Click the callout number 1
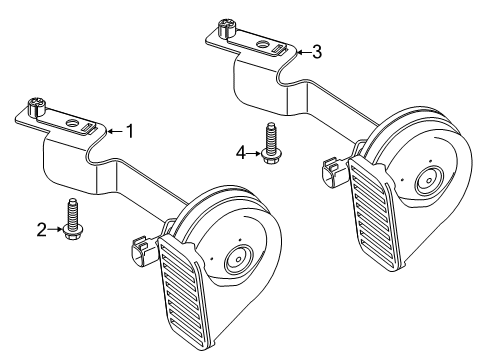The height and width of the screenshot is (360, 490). click(x=128, y=130)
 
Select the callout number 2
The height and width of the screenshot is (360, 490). click(x=41, y=230)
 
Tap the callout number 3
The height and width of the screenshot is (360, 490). click(x=316, y=52)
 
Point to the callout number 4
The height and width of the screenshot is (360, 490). click(x=240, y=152)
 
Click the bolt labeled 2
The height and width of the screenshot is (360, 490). click(x=72, y=220)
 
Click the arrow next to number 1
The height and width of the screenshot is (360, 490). click(x=113, y=130)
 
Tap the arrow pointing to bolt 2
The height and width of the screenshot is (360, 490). click(x=56, y=230)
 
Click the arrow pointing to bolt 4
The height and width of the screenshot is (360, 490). click(x=254, y=152)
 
